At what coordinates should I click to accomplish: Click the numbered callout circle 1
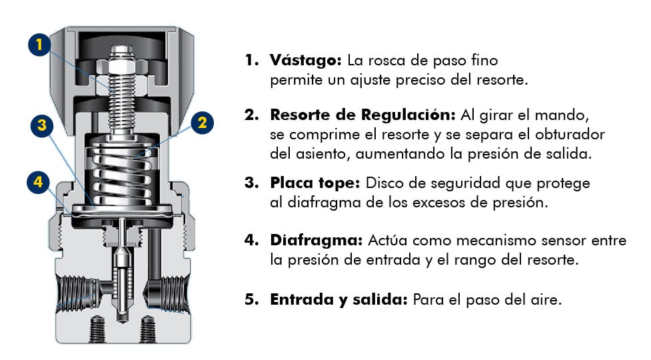[x=40, y=46]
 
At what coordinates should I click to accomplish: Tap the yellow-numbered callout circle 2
[x=203, y=122]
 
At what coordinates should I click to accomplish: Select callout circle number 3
[x=41, y=125]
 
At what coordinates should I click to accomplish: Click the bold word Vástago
[x=306, y=60]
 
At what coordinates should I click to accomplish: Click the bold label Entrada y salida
[x=338, y=299]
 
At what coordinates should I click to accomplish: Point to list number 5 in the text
[x=250, y=299]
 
